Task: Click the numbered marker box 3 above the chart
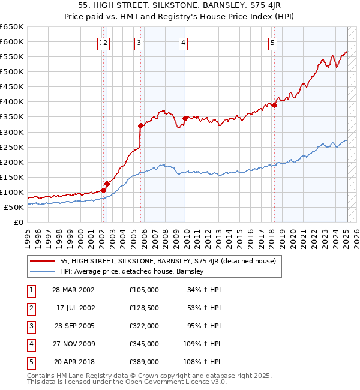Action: (x=139, y=43)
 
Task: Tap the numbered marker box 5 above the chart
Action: (x=272, y=43)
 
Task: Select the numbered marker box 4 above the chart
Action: (x=182, y=43)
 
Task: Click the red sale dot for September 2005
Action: (x=140, y=125)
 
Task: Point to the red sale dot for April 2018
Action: (x=274, y=106)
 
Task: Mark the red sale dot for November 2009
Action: (x=185, y=118)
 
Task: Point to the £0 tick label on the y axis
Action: (x=17, y=222)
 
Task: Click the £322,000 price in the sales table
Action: (x=143, y=325)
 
